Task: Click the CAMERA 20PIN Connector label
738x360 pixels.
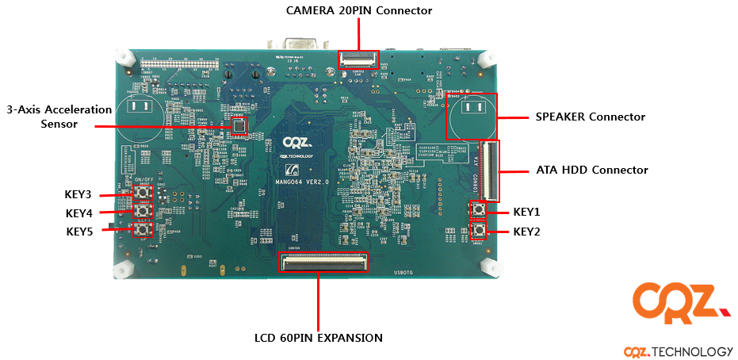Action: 359,10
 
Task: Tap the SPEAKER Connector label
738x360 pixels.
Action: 591,117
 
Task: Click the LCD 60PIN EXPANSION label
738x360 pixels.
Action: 319,338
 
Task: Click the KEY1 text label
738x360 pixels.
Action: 526,212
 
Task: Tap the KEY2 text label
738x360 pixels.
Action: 526,232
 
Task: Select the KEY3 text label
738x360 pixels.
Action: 78,194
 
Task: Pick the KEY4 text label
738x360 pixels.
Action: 78,213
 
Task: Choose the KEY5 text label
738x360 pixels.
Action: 78,232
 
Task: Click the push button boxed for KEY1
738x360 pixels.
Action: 478,210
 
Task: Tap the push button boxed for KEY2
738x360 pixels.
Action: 478,231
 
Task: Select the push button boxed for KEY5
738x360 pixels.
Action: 143,230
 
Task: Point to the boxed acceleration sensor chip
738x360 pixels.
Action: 239,125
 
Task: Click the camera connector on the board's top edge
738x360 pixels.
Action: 358,59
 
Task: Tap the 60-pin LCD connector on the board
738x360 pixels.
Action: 324,262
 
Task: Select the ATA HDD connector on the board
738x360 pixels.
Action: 492,171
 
